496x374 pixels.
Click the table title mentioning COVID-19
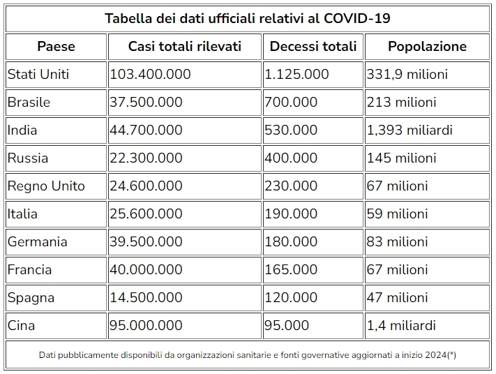pyautogui.click(x=248, y=18)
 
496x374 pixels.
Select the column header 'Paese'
pyautogui.click(x=56, y=47)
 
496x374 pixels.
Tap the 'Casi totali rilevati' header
pyautogui.click(x=184, y=47)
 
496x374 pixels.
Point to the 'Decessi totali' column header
pyautogui.click(x=313, y=47)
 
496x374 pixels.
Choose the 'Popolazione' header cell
pyautogui.click(x=427, y=47)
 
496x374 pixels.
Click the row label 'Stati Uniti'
pyautogui.click(x=38, y=74)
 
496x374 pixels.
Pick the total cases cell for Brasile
pyautogui.click(x=146, y=102)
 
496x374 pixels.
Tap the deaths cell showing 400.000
pyautogui.click(x=291, y=158)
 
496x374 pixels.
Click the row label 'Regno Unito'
pyautogui.click(x=46, y=186)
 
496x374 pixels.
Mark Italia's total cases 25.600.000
pyautogui.click(x=146, y=214)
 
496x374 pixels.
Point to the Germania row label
pyautogui.click(x=38, y=241)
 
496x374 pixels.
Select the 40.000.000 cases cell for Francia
pyautogui.click(x=146, y=269)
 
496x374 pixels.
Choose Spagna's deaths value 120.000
pyautogui.click(x=291, y=297)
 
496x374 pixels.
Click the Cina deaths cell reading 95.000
pyautogui.click(x=287, y=325)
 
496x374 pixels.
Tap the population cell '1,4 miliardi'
pyautogui.click(x=401, y=325)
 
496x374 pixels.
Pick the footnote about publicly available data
pyautogui.click(x=248, y=355)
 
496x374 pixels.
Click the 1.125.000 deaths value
pyautogui.click(x=296, y=74)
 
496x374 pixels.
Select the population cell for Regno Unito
pyautogui.click(x=397, y=186)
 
